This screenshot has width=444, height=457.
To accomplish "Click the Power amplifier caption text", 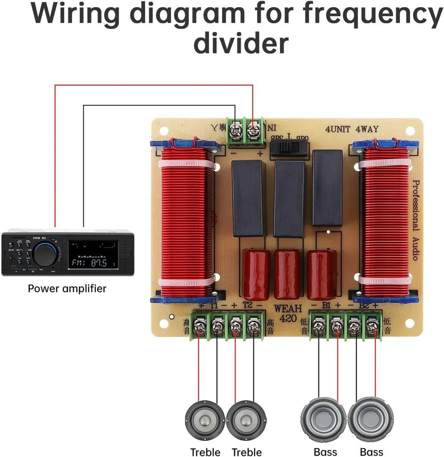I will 67,288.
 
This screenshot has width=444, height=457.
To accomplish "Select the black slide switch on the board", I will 289,147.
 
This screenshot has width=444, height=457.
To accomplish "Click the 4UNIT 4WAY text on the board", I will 352,129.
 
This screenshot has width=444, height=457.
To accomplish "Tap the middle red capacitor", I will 287,274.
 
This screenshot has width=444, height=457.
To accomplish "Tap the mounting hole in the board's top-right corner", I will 410,130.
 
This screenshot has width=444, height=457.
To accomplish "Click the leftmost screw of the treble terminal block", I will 199,328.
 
